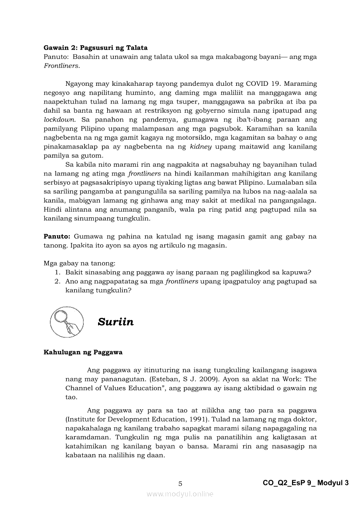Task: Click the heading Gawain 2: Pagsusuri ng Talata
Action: click(95, 47)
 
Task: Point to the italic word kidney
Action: click(200, 146)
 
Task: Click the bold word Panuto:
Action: click(57, 236)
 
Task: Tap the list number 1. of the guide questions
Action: click(57, 273)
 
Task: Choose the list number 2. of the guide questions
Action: click(57, 281)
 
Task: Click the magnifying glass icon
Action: click(64, 322)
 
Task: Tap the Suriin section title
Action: click(115, 322)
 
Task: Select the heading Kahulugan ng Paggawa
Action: click(83, 352)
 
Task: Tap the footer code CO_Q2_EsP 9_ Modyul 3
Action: click(306, 483)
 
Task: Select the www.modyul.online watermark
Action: click(180, 494)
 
